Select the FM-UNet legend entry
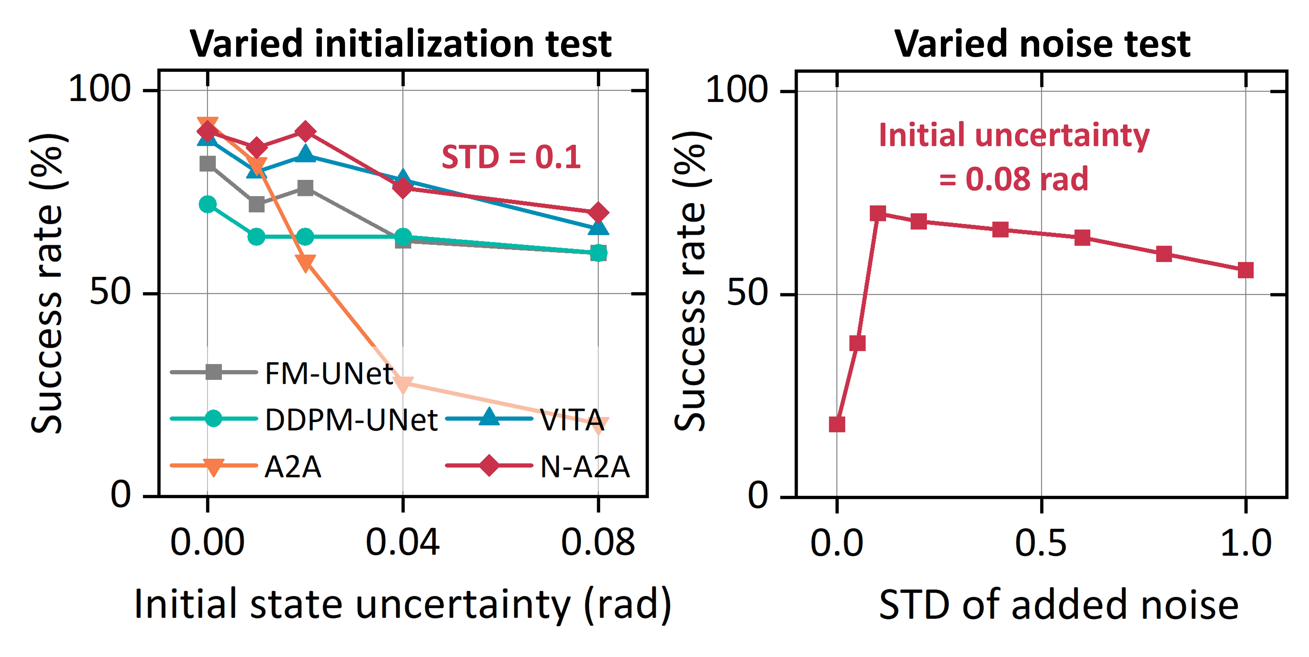click(328, 374)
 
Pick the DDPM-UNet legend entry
click(351, 420)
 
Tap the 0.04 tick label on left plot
click(403, 542)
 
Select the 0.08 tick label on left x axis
click(598, 542)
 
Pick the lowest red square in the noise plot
click(837, 424)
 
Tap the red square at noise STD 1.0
click(1246, 270)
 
